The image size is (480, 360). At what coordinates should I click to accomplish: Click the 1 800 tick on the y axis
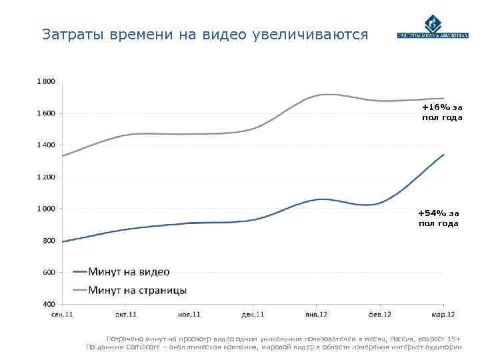click(x=45, y=81)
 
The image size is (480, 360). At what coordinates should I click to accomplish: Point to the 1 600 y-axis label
click(x=45, y=113)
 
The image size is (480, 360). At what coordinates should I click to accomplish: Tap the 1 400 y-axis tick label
click(x=45, y=145)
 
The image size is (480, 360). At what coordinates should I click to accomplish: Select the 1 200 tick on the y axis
click(x=45, y=177)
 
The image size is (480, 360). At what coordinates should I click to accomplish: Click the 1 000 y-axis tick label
click(x=45, y=209)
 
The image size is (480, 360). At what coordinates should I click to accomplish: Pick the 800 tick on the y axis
click(x=49, y=241)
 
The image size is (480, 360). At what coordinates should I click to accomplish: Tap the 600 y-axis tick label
click(x=49, y=272)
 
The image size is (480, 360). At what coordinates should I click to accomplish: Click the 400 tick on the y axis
click(x=49, y=304)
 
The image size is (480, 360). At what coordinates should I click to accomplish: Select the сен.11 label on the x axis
click(x=62, y=314)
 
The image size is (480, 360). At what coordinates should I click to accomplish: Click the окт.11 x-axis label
click(x=126, y=314)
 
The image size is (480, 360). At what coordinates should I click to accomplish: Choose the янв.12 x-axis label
click(x=316, y=314)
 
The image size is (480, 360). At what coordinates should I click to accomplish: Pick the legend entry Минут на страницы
click(x=129, y=290)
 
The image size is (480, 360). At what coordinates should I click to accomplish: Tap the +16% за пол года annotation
click(x=441, y=112)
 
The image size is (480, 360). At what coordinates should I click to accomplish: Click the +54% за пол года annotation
click(x=438, y=218)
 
